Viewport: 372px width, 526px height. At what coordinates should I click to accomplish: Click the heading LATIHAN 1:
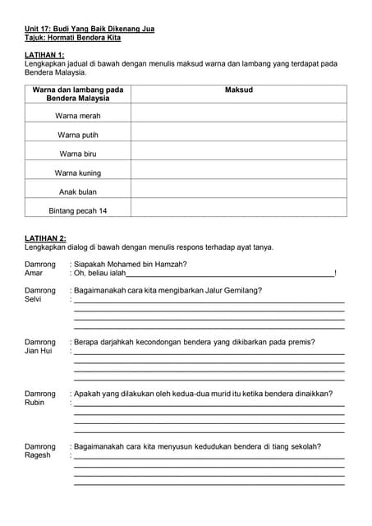coord(44,54)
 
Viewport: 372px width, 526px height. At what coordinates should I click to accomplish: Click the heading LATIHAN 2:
coord(44,238)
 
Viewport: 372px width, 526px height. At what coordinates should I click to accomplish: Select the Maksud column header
coord(238,90)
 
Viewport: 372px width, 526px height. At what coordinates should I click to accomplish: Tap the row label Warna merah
coord(78,116)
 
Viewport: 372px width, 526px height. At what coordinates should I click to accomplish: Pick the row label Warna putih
coord(78,135)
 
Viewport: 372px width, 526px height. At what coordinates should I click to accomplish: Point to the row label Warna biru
coord(78,154)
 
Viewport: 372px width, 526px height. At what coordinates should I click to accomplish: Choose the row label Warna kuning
coord(78,173)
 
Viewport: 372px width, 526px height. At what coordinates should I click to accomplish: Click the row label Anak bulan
coord(78,191)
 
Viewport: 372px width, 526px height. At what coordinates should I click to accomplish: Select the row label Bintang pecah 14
coord(78,210)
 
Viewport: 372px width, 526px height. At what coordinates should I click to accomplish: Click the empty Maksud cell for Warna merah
coord(238,116)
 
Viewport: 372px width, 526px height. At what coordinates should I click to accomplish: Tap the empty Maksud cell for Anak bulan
coord(238,191)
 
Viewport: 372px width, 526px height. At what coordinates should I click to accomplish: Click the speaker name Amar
coord(34,273)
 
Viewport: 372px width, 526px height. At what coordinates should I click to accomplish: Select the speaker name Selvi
coord(33,299)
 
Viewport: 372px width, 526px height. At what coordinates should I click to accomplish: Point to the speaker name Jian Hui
coord(38,351)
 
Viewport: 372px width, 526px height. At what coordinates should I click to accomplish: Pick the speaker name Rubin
coord(34,403)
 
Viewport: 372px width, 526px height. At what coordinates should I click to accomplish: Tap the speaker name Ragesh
coord(38,454)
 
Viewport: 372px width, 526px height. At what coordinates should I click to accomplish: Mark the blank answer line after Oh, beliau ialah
coord(230,275)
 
